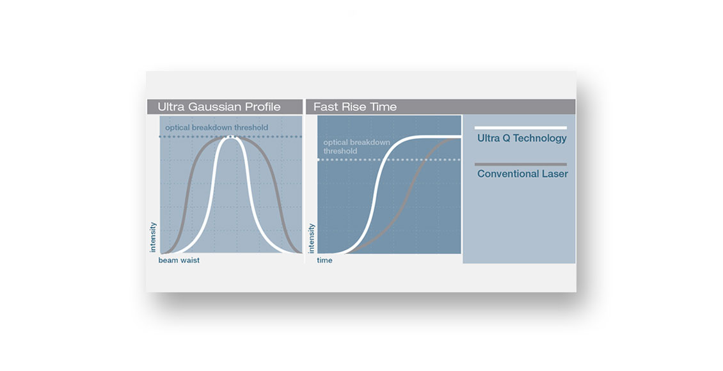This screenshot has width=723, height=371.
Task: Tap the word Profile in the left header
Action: click(262, 107)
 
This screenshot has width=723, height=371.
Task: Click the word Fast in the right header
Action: click(324, 107)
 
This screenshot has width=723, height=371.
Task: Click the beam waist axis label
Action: click(179, 260)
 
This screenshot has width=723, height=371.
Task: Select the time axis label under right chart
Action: click(324, 260)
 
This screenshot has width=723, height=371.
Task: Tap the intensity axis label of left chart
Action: click(153, 237)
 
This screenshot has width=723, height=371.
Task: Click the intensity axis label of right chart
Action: click(311, 238)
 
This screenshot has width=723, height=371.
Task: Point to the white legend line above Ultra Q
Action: click(521, 128)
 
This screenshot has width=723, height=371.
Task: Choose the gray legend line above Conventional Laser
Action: click(521, 164)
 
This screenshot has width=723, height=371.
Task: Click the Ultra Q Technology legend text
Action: click(522, 138)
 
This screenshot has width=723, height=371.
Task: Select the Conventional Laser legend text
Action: click(523, 174)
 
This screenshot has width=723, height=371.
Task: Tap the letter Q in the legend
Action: click(506, 138)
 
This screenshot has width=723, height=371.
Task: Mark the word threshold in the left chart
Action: click(251, 128)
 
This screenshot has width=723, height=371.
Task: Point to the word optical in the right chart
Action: click(333, 143)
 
